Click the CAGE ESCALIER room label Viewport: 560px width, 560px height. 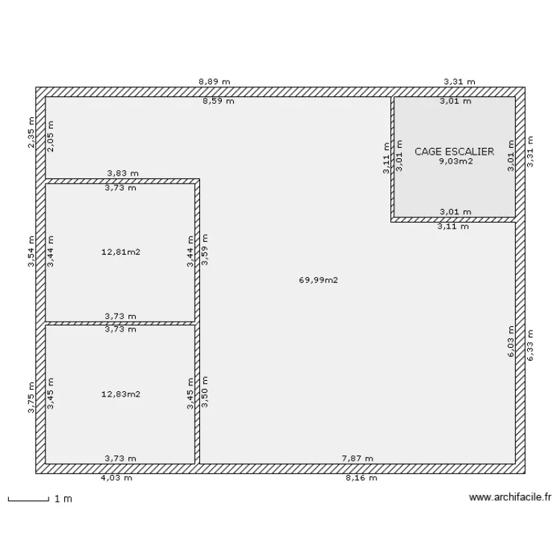pyautogui.click(x=454, y=152)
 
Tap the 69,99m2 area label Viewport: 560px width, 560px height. pyautogui.click(x=318, y=280)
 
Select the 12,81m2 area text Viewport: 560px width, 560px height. pyautogui.click(x=121, y=252)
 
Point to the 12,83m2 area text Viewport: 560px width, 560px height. pyautogui.click(x=121, y=394)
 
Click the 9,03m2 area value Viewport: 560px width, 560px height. pyautogui.click(x=455, y=161)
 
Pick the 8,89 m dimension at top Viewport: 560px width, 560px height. pyautogui.click(x=214, y=82)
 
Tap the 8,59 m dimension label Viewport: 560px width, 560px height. pyautogui.click(x=219, y=101)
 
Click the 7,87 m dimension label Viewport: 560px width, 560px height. pyautogui.click(x=358, y=458)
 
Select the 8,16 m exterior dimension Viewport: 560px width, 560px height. pyautogui.click(x=361, y=478)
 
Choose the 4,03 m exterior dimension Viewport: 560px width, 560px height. pyautogui.click(x=116, y=478)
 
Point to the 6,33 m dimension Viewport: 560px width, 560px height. pyautogui.click(x=530, y=345)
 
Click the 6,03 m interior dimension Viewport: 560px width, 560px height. pyautogui.click(x=511, y=341)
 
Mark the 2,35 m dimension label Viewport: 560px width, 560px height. pyautogui.click(x=31, y=132)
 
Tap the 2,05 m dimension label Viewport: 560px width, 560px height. pyautogui.click(x=51, y=136)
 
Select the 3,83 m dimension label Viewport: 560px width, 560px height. pyautogui.click(x=123, y=173)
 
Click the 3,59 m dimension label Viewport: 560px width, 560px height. pyautogui.click(x=205, y=249)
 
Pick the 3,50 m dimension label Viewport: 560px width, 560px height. pyautogui.click(x=205, y=392)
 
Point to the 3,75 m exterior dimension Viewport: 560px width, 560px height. pyautogui.click(x=31, y=397)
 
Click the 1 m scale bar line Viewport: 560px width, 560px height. pyautogui.click(x=28, y=501)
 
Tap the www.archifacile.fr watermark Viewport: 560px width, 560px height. pyautogui.click(x=510, y=497)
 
